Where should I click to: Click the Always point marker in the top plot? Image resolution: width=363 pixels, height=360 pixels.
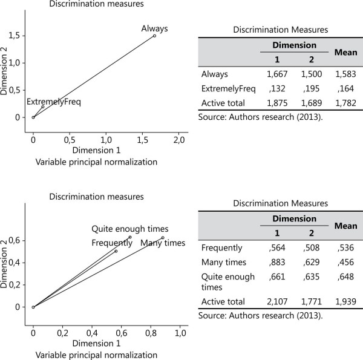pos(154,36)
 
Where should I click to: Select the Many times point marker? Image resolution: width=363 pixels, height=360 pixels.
pos(163,238)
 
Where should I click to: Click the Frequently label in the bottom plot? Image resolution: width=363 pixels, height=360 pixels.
pos(112,243)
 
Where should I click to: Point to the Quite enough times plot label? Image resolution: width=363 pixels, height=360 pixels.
pos(129,229)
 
